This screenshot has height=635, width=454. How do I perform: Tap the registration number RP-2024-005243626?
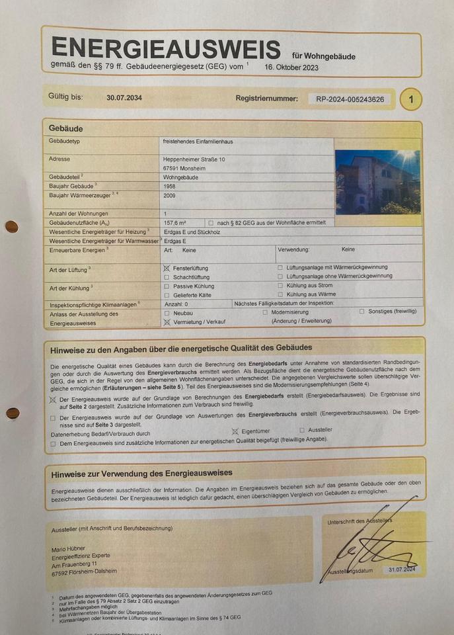click(x=350, y=99)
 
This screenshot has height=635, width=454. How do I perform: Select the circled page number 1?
click(x=411, y=100)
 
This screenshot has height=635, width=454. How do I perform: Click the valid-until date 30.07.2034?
click(x=124, y=98)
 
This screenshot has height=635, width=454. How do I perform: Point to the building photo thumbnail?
click(x=377, y=181)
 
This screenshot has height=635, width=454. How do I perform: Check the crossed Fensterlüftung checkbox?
click(x=167, y=268)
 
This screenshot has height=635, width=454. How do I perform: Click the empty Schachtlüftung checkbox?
click(x=167, y=277)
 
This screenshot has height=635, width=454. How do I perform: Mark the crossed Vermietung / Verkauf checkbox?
click(x=167, y=321)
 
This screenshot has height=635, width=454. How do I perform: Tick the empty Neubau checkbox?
click(x=167, y=312)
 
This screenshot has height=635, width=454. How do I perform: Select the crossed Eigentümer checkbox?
click(x=235, y=431)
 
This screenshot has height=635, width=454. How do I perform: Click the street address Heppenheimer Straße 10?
click(x=194, y=159)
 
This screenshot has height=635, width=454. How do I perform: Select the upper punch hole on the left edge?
click(x=11, y=227)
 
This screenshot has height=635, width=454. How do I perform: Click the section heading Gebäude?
click(x=65, y=128)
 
